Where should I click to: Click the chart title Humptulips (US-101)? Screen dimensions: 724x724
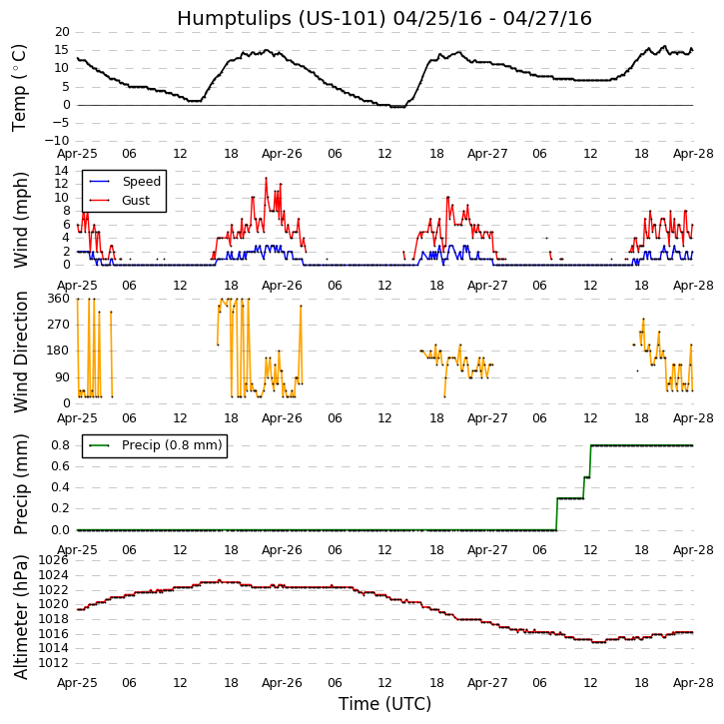(x=384, y=18)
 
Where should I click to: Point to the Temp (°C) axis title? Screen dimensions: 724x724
(x=20, y=87)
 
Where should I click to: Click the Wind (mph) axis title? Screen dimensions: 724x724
(x=20, y=219)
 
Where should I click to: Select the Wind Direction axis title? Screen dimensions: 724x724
(x=20, y=352)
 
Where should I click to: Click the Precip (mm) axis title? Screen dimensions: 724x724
(x=20, y=484)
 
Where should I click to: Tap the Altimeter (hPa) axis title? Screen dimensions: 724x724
(x=20, y=616)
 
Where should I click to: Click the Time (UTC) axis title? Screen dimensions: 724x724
(x=384, y=704)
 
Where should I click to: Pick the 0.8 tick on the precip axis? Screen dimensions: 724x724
(x=59, y=445)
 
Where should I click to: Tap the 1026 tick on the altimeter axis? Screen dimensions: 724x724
(x=53, y=560)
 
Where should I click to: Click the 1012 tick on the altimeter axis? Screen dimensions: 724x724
(x=53, y=663)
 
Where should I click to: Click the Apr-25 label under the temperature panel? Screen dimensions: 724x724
(x=77, y=155)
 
